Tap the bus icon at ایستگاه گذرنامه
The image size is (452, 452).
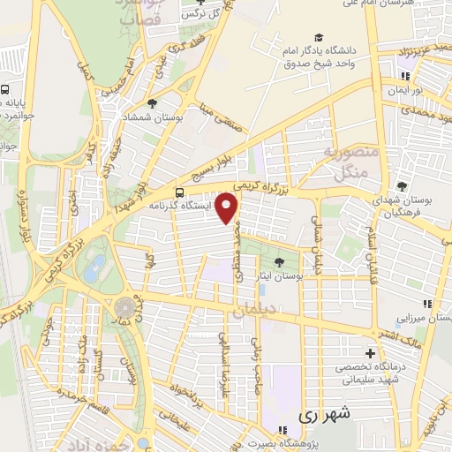tap(180, 192)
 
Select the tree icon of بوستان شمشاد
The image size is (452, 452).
tap(152, 103)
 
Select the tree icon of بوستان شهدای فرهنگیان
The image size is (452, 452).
tap(402, 185)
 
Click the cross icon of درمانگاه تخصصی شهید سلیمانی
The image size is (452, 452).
tap(370, 352)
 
